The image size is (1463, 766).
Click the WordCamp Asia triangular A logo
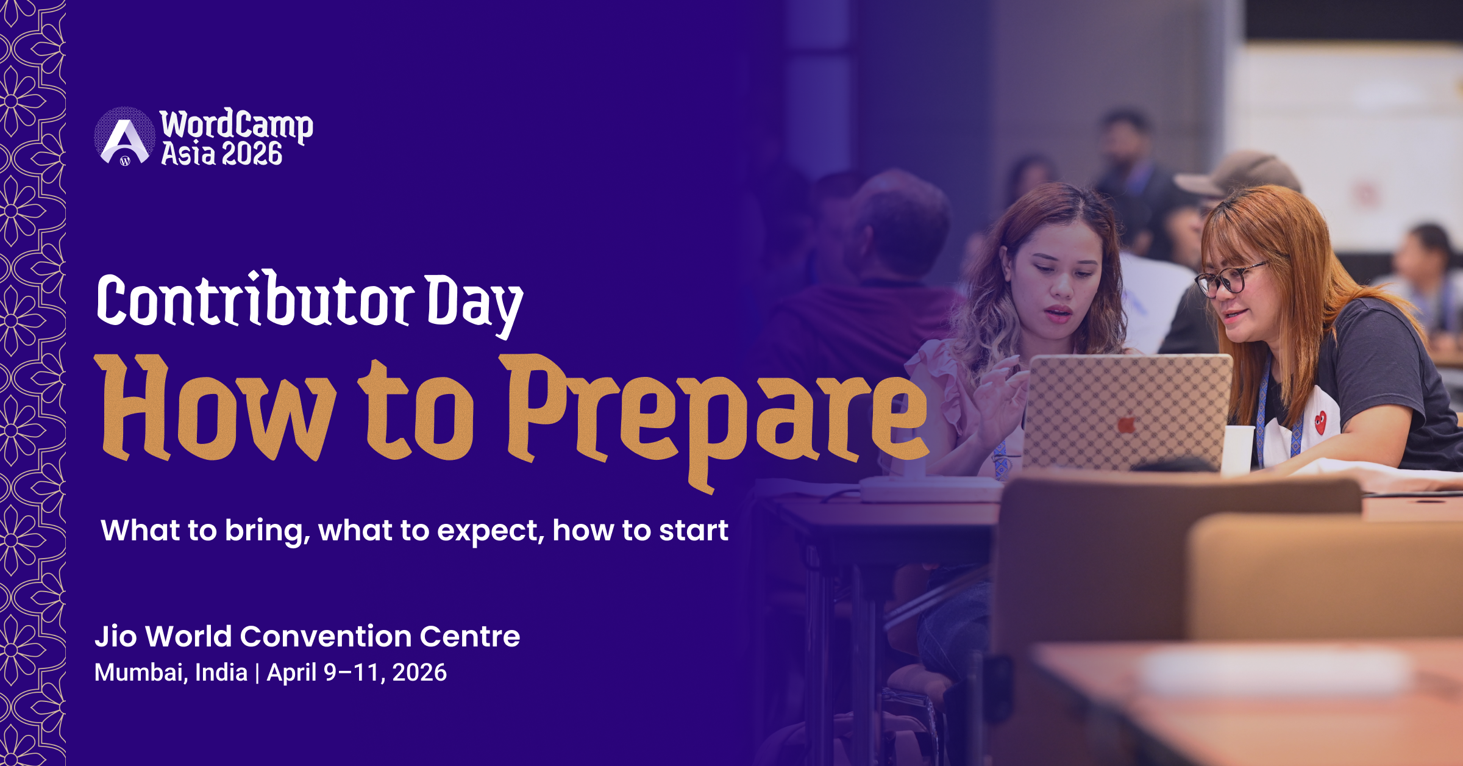pos(124,137)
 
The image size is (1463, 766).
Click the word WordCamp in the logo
pos(237,124)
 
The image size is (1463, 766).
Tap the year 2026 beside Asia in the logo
pos(252,154)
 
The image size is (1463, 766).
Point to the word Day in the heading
pos(473,302)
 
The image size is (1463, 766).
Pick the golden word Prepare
pos(716,415)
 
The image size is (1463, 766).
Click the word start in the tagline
pos(693,531)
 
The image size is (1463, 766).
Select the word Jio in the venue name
pos(116,636)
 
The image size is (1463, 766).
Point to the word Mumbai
pos(140,673)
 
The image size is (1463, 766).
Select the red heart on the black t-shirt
pos(1320,421)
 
